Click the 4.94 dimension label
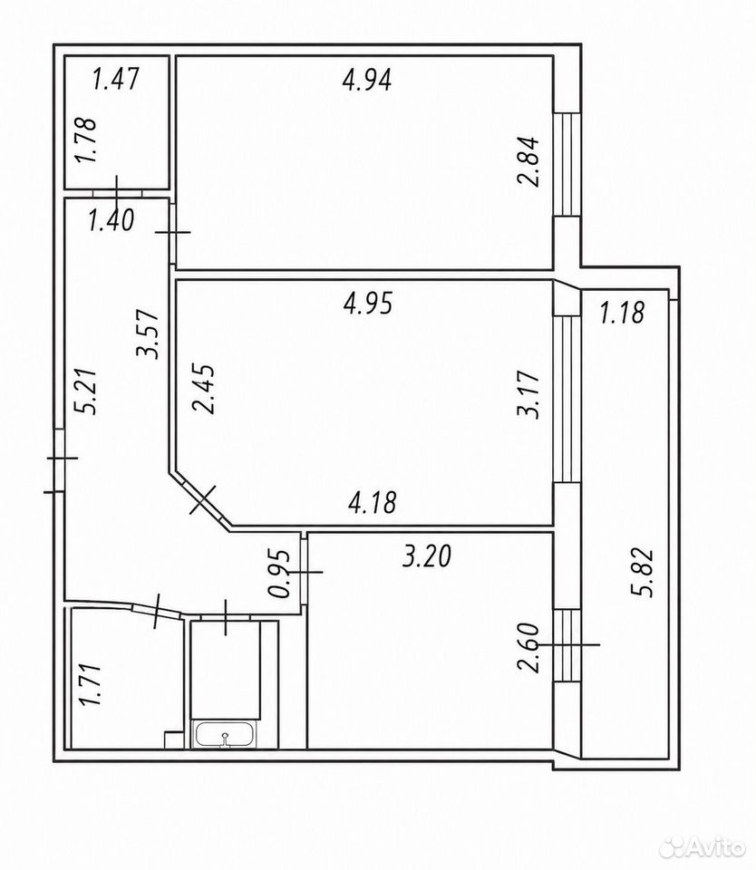click(367, 79)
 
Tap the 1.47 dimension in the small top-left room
click(115, 78)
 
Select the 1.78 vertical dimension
click(87, 140)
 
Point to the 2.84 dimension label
click(528, 162)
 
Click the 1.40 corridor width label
click(111, 220)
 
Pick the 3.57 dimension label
click(148, 334)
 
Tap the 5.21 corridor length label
click(87, 391)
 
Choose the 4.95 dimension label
click(368, 303)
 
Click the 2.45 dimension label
click(203, 389)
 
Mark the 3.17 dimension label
click(528, 394)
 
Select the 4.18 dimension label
click(372, 502)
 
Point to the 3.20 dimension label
click(427, 556)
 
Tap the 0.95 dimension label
click(278, 573)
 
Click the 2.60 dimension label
click(528, 647)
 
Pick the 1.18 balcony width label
click(622, 312)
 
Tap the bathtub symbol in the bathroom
click(224, 735)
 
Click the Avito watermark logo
click(703, 846)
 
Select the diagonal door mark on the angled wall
click(202, 499)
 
